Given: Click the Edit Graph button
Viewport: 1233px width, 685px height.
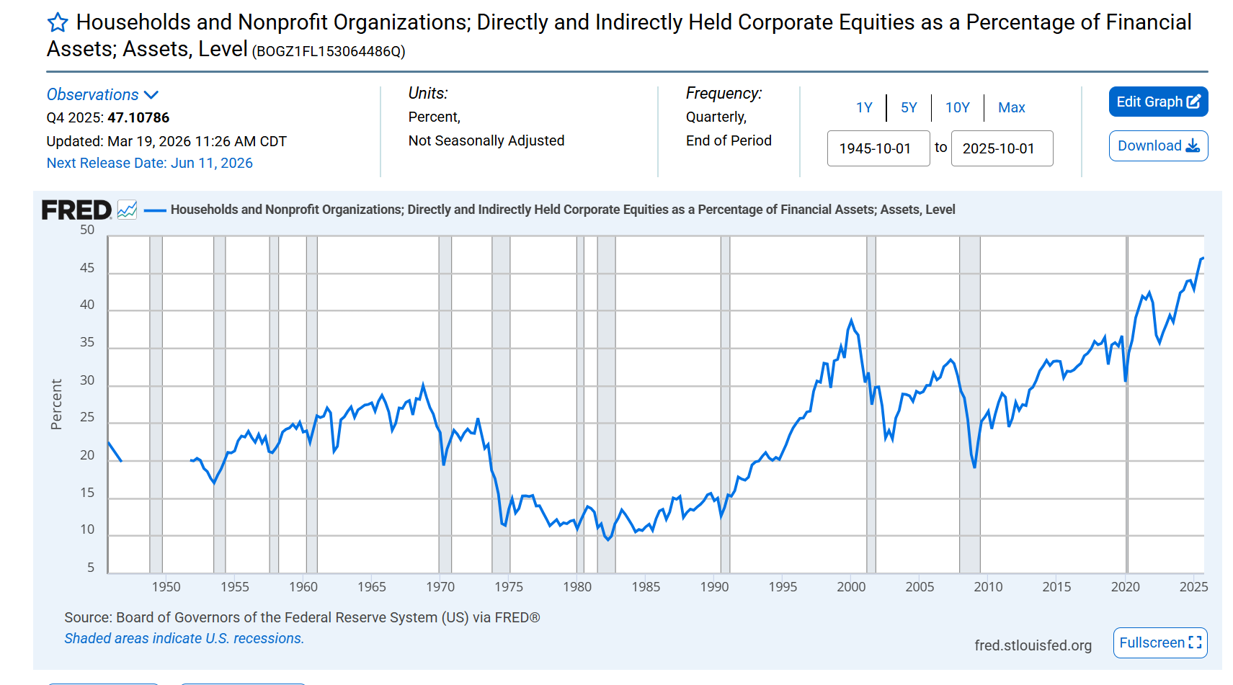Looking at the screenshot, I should click(1158, 102).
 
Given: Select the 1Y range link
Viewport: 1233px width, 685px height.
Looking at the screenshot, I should click(864, 107).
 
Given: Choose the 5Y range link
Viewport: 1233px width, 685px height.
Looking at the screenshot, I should click(909, 107).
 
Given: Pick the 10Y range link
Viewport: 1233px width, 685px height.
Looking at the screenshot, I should click(957, 107).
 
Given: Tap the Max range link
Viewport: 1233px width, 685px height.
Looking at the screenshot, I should click(1011, 107).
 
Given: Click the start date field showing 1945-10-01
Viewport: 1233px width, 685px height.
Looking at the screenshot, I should click(878, 148).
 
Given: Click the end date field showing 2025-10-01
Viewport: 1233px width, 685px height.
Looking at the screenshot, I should click(1002, 148).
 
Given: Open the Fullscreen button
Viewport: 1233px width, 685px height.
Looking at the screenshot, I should click(1159, 643).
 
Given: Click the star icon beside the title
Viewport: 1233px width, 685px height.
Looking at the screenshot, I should click(58, 23).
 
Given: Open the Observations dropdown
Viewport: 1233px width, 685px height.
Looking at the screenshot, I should click(102, 95).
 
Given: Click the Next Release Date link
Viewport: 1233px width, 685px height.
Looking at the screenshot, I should click(150, 164).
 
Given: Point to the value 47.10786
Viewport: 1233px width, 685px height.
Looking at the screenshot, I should click(138, 117).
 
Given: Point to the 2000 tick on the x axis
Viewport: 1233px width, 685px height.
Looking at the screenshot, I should click(851, 586).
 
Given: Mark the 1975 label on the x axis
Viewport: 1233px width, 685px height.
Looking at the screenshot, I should click(509, 586).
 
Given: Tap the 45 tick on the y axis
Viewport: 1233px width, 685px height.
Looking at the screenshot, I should click(87, 268).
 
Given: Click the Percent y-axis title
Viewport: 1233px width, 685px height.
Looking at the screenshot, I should click(56, 404).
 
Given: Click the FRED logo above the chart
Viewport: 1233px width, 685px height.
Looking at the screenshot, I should click(76, 210).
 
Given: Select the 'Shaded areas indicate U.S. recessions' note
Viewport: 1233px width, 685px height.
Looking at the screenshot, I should click(184, 638).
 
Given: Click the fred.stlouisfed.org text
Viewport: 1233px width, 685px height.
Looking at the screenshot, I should click(1033, 645).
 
